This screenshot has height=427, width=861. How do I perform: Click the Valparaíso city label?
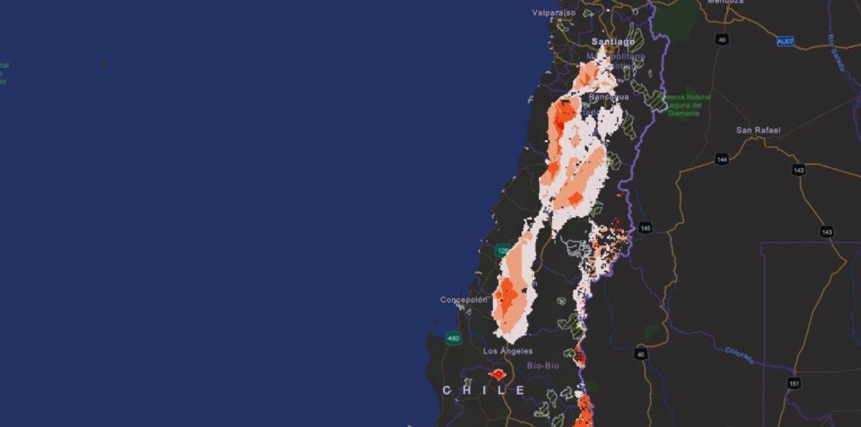coord(554,12)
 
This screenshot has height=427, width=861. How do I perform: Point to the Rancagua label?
coord(608,97)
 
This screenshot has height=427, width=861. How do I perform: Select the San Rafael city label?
coord(758,131)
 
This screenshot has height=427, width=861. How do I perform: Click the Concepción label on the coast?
coord(464,300)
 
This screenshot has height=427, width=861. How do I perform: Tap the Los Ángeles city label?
coord(508,351)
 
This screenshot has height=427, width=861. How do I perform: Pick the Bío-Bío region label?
coord(543,366)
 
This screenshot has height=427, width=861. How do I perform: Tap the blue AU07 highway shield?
coord(786,42)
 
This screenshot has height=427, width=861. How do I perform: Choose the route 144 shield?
coord(722,159)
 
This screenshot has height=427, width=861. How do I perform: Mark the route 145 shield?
coord(646,227)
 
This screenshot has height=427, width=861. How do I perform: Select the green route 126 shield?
coord(502,250)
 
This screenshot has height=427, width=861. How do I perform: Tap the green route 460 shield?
coord(452,338)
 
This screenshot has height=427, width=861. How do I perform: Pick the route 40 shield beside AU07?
coord(722,39)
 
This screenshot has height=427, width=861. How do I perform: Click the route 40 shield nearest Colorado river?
coord(640,354)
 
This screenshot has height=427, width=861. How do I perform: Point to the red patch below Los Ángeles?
coord(498,374)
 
